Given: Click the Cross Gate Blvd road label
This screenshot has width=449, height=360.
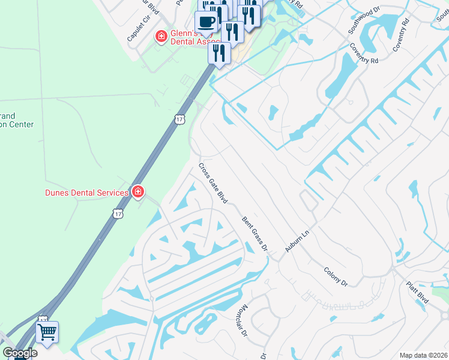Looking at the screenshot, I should click(x=212, y=183).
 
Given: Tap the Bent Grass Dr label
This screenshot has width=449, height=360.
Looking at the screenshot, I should click(x=255, y=234).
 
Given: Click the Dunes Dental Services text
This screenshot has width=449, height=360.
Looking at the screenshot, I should click(x=87, y=193).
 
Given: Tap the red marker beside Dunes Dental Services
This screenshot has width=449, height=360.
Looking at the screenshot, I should click(x=138, y=192).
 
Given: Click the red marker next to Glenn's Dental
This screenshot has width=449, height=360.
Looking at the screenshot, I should click(x=161, y=37).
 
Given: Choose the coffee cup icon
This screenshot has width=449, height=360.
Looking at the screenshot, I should click(x=206, y=22).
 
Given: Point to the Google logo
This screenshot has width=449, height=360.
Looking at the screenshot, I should click(x=20, y=352).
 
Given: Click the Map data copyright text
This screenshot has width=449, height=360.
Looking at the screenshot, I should click(x=424, y=355).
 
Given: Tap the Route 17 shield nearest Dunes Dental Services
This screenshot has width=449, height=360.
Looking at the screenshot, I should click(x=118, y=214).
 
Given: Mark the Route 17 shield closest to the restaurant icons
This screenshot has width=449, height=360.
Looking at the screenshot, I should click(x=180, y=119).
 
